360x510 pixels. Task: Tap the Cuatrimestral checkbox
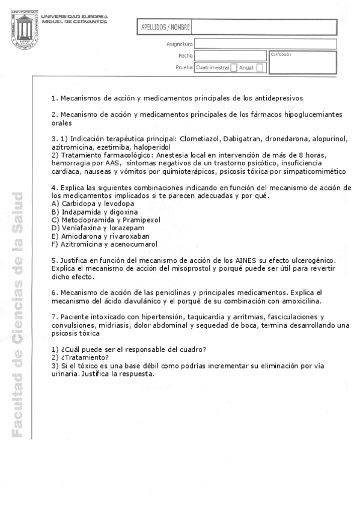(x=234, y=68)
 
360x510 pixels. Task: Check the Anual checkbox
(x=259, y=68)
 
